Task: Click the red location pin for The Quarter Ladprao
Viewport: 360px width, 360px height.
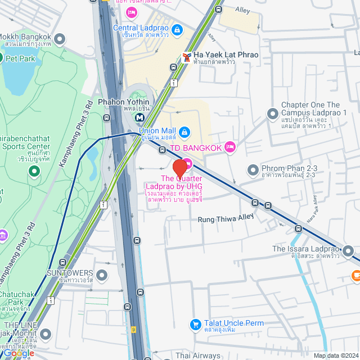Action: [x=179, y=168]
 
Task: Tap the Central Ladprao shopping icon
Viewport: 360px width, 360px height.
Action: [x=177, y=29]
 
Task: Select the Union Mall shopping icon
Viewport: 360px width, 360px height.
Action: [x=184, y=132]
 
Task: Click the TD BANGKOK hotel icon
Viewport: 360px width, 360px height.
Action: [x=229, y=147]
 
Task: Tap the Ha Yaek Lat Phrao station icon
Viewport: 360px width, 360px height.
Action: [x=186, y=57]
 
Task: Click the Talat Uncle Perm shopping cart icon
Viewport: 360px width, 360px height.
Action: [x=195, y=325]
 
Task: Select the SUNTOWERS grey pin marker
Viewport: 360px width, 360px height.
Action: [x=102, y=275]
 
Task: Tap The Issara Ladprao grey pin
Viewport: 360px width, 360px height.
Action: [x=349, y=251]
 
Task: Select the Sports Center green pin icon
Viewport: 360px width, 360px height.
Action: [x=34, y=172]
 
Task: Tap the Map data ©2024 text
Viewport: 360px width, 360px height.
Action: [x=335, y=355]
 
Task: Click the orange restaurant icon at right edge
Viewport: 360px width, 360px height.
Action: [x=355, y=276]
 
